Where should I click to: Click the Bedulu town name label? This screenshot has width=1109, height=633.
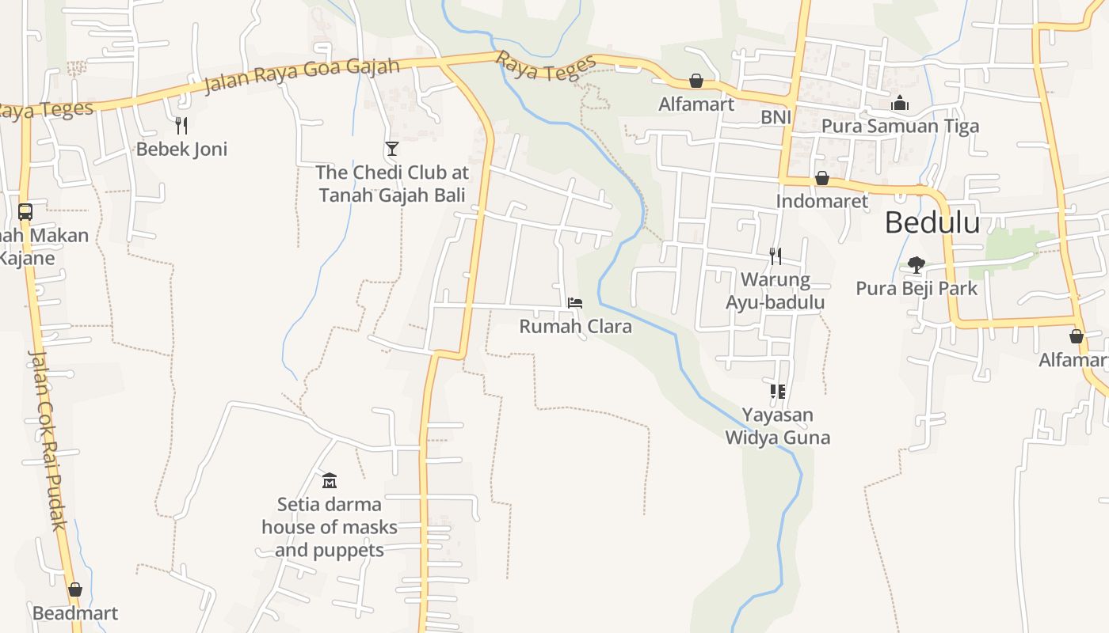tap(932, 223)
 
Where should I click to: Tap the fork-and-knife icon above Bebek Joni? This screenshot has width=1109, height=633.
tap(181, 125)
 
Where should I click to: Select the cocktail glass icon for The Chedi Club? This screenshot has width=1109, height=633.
tap(391, 148)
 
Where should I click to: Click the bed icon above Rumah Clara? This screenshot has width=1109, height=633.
tap(575, 303)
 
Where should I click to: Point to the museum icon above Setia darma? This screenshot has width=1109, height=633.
tap(330, 480)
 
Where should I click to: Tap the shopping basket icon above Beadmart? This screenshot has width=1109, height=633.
tap(75, 589)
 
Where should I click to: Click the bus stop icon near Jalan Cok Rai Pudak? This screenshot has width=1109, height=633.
tap(25, 212)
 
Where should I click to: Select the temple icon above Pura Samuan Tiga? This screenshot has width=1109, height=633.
tap(900, 103)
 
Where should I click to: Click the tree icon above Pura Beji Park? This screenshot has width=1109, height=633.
tap(917, 264)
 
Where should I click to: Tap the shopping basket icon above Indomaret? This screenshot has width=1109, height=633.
tap(822, 178)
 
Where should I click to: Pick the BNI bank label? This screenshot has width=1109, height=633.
tap(776, 118)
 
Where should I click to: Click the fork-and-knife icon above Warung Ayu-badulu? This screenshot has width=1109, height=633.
tap(776, 256)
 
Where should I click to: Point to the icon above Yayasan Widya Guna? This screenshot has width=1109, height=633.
tap(777, 391)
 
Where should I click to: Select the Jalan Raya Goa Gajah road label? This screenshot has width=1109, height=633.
tap(302, 75)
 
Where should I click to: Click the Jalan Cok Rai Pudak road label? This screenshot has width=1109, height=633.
tap(48, 439)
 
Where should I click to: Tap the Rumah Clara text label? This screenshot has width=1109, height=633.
tap(575, 326)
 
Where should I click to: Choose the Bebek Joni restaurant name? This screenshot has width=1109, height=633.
tap(181, 149)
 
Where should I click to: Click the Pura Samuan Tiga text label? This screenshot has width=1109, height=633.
tap(900, 126)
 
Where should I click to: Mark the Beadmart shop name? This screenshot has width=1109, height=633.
tap(75, 613)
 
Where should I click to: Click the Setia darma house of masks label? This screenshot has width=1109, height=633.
tap(330, 527)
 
